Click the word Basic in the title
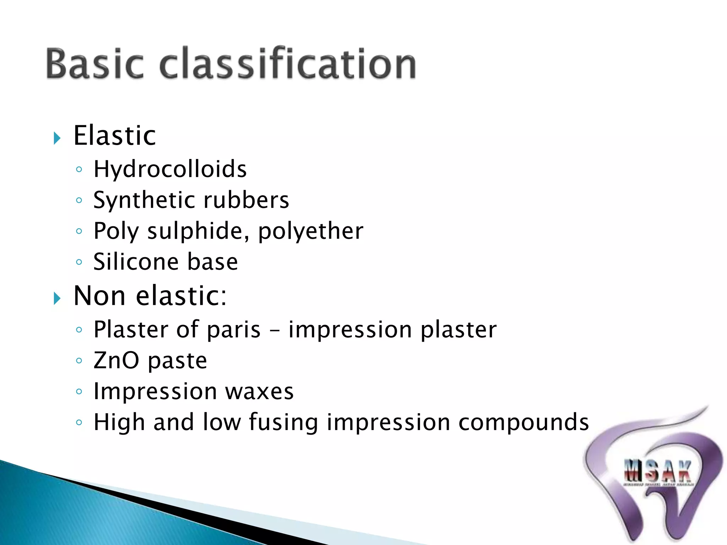pyautogui.click(x=95, y=64)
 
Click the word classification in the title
pyautogui.click(x=288, y=64)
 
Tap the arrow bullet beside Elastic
pyautogui.click(x=57, y=138)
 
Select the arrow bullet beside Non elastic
pyautogui.click(x=57, y=298)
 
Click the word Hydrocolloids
pyautogui.click(x=170, y=169)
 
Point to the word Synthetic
pyautogui.click(x=144, y=200)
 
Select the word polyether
pyautogui.click(x=311, y=231)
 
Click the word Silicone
pyautogui.click(x=136, y=262)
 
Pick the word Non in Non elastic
pyautogui.click(x=99, y=296)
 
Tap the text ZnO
pyautogui.click(x=116, y=360)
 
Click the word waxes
pyautogui.click(x=259, y=392)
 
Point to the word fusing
pyautogui.click(x=283, y=423)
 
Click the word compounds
pyautogui.click(x=523, y=423)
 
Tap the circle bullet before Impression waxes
pyautogui.click(x=79, y=392)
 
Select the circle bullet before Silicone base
pyautogui.click(x=79, y=262)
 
